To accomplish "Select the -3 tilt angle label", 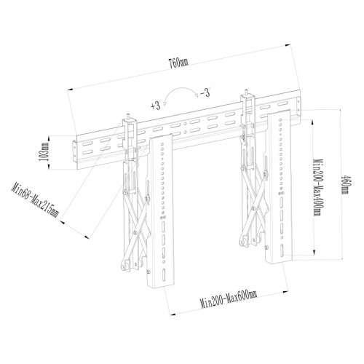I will point(207,93).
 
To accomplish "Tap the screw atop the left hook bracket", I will point(130,115).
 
